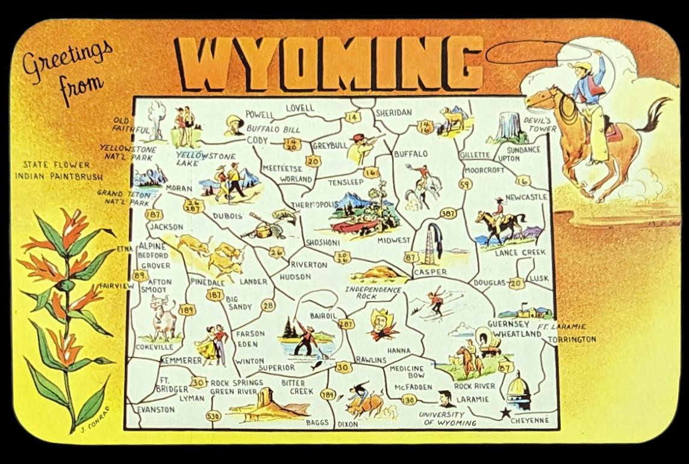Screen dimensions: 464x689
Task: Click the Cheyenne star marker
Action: tap(504, 413)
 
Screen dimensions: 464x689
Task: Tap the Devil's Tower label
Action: tap(540, 125)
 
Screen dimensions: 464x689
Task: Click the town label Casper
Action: tap(430, 273)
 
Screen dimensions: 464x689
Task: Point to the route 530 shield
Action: tap(212, 416)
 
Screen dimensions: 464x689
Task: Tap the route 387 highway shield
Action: tap(448, 213)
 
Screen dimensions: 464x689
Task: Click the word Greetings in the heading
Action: tap(66, 59)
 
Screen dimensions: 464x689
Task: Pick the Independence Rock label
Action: tap(373, 293)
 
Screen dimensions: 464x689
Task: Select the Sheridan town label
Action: tap(393, 113)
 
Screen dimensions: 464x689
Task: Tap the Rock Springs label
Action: tap(237, 383)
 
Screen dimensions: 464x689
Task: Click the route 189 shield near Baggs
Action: tap(328, 395)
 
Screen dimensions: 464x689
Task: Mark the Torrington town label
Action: tap(572, 339)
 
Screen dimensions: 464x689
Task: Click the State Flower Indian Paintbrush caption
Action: tap(59, 170)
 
